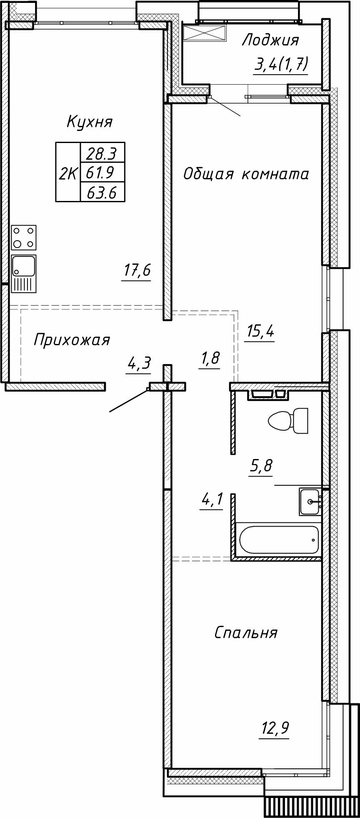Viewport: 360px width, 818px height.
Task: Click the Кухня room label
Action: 90,122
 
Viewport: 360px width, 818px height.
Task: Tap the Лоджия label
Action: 270,40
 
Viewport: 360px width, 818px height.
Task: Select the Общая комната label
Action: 246,174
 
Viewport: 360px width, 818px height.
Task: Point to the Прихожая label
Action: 71,340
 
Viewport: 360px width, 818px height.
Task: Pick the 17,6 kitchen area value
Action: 136,271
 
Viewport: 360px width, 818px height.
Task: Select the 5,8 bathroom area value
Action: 261,466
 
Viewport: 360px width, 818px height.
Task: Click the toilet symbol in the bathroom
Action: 288,420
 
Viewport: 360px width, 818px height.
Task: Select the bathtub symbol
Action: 279,540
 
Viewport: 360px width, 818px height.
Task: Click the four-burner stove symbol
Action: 24,237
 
